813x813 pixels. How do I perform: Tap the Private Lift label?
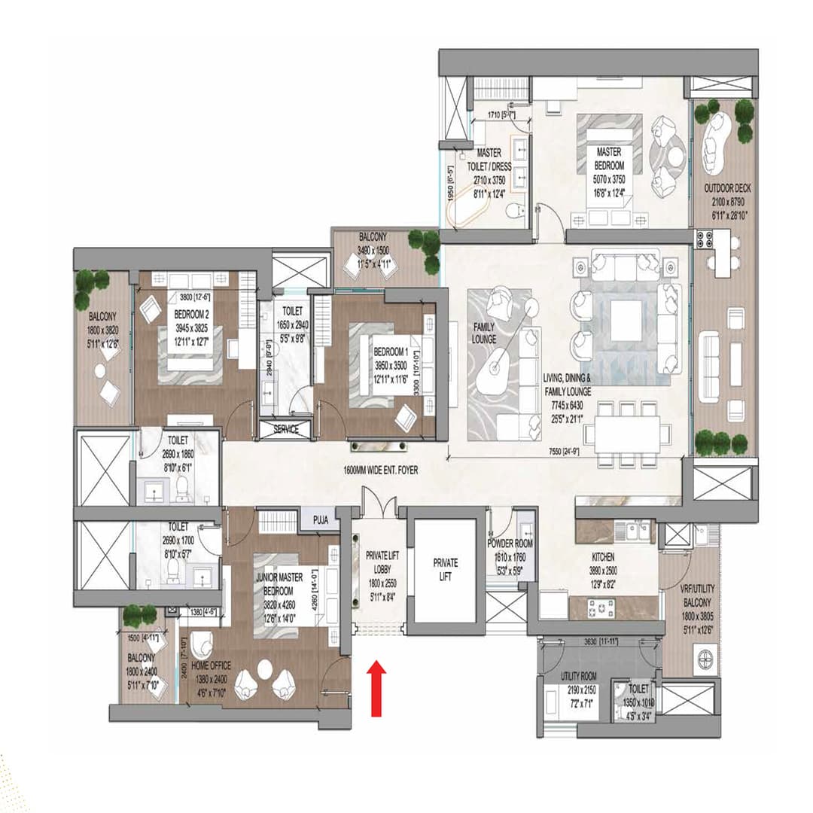coord(445,568)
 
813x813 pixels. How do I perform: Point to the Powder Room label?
coord(510,544)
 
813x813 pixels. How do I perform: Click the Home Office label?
coord(211,665)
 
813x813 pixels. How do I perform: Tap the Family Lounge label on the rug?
coord(483,333)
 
